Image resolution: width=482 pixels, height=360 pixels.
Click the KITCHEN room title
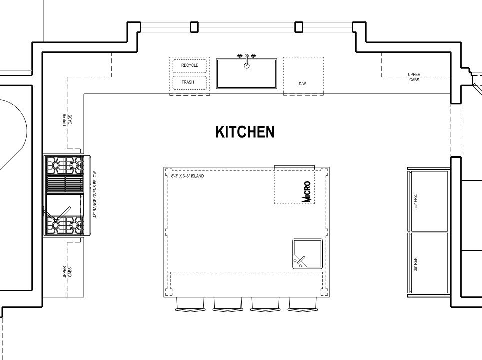pos(245,132)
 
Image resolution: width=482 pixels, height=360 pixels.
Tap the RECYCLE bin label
pos(190,65)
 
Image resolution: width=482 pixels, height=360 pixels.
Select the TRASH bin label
pos(188,82)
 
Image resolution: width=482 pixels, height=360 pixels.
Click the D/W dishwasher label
pos(302,84)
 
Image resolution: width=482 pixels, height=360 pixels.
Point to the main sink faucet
pos(247,61)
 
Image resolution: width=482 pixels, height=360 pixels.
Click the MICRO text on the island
pos(307,192)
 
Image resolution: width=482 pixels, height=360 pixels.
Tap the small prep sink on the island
pos(307,254)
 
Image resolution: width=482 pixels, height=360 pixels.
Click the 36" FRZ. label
pos(416,201)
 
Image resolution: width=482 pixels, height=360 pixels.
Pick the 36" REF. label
pos(416,264)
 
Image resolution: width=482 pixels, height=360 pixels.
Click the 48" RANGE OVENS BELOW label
pos(95,194)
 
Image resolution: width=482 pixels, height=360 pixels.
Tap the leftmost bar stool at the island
pos(190,304)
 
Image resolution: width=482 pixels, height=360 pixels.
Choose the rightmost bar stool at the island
pos(302,304)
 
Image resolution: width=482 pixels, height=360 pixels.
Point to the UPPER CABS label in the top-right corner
pos(414,77)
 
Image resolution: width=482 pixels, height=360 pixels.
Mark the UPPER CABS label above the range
pos(67,119)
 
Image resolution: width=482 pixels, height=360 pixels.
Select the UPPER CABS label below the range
pos(67,272)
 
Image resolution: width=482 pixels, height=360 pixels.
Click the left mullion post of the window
pos(194,27)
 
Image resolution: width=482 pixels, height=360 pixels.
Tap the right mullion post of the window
pos(299,27)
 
